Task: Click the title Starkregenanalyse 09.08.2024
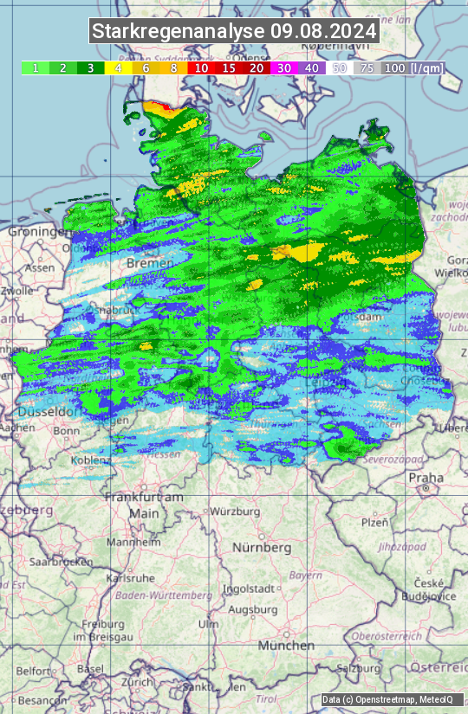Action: click(x=234, y=32)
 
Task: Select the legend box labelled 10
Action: click(x=202, y=68)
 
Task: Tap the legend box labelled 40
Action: click(x=312, y=68)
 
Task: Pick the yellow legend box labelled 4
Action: click(x=118, y=68)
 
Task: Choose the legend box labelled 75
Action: click(x=367, y=68)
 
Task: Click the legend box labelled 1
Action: click(x=36, y=68)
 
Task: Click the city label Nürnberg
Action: click(x=262, y=548)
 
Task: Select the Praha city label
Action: click(x=426, y=477)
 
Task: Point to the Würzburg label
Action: click(x=235, y=511)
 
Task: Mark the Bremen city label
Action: click(x=144, y=262)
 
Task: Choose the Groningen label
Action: click(x=39, y=232)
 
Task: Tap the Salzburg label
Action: click(x=359, y=668)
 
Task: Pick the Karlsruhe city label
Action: click(x=130, y=577)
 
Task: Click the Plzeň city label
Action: click(x=374, y=522)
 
